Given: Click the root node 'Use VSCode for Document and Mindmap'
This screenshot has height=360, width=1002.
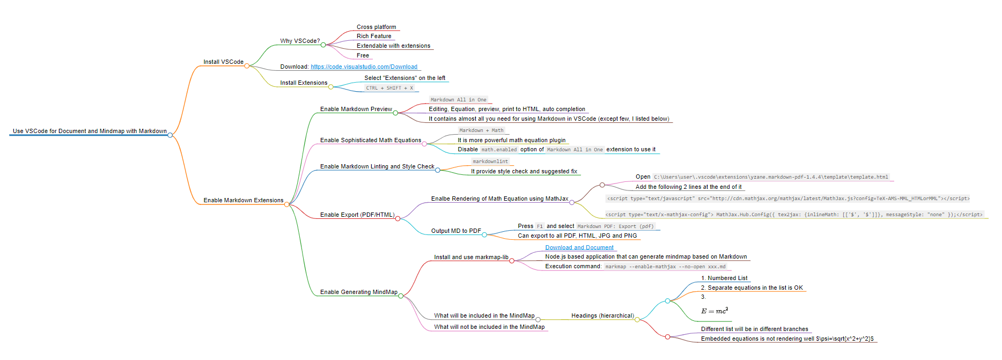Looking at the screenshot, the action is coord(90,131).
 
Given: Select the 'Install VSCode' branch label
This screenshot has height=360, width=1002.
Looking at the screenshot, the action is coord(223,62).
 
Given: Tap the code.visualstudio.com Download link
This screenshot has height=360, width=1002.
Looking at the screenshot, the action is coord(364,67).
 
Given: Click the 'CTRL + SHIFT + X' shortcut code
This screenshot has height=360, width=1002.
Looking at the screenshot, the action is coord(389,88).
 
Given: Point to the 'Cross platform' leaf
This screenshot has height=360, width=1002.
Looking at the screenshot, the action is coord(376,27).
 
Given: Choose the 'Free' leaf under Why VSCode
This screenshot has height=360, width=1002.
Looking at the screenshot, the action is coord(363,55).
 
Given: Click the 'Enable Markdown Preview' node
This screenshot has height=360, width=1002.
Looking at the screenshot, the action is coord(356,109).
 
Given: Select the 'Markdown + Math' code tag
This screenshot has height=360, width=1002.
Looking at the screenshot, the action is coord(481,130).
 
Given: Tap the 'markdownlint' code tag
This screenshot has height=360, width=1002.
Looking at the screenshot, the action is coord(490,161).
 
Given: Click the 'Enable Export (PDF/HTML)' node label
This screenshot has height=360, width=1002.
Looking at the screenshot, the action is coord(357,215).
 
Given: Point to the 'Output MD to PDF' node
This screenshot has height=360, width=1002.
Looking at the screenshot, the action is coord(456,231).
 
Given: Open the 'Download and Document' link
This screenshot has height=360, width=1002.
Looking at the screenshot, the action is coord(579,247).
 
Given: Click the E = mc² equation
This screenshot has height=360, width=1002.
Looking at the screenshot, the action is coord(714,311).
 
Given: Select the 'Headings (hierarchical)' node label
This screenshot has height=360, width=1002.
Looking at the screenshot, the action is coord(602,315).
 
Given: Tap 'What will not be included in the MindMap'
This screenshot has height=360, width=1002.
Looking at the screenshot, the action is coord(489,327).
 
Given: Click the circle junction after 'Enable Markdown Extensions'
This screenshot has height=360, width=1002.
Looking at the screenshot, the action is coord(287,204).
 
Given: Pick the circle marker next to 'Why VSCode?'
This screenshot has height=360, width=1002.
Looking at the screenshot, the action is coord(323,45).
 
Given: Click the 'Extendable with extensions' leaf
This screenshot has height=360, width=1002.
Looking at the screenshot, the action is coord(393,46).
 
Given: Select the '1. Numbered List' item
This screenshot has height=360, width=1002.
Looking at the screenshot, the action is coord(724,278).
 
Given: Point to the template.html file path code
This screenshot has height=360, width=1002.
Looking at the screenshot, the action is coord(771,177).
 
